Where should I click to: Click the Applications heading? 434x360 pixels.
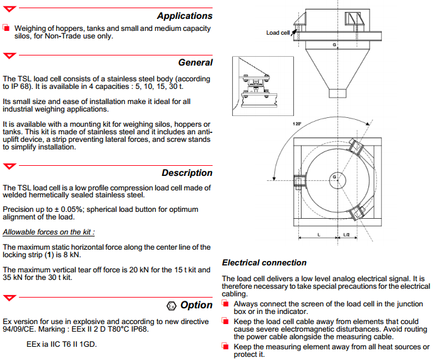[x=184, y=16]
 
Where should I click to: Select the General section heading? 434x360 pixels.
[x=195, y=62]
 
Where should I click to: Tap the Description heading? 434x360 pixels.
[x=187, y=173]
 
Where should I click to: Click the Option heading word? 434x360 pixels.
[x=196, y=305]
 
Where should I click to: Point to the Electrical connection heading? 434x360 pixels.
[x=264, y=262]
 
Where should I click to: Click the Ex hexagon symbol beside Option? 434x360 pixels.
[x=171, y=306]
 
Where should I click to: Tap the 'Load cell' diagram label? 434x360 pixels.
[x=278, y=33]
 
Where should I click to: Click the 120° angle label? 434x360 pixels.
[x=296, y=124]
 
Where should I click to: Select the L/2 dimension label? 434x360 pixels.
[x=346, y=235]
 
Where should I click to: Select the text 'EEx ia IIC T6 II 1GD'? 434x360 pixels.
[x=62, y=344]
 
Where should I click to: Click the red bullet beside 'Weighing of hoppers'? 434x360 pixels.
[x=6, y=28]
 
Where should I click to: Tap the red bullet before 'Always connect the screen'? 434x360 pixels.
[x=226, y=303]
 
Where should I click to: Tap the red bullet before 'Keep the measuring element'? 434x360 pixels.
[x=226, y=346]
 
